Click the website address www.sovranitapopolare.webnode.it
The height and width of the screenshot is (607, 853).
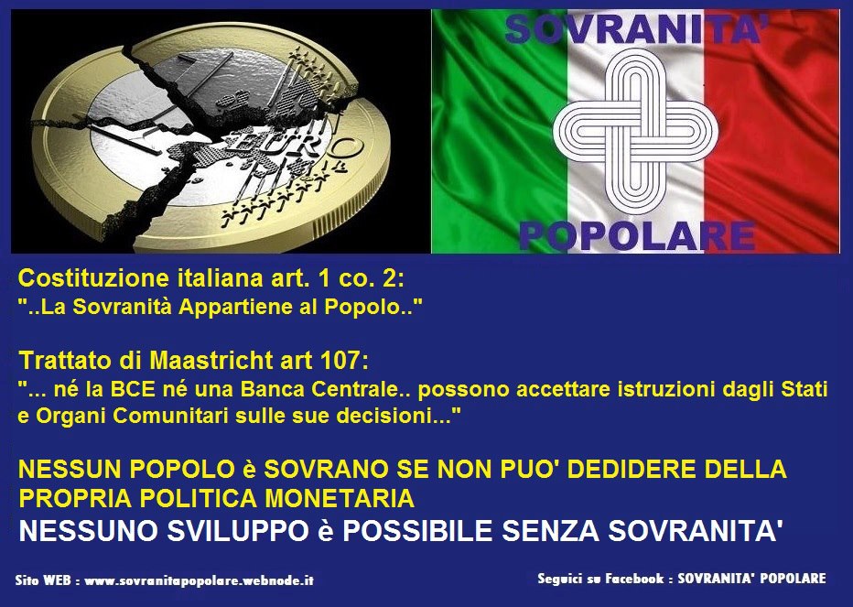[200, 580]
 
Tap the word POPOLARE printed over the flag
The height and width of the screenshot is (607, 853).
[637, 236]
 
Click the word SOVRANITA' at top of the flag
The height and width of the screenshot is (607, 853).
[636, 29]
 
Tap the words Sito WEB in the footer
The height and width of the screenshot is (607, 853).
[43, 580]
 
